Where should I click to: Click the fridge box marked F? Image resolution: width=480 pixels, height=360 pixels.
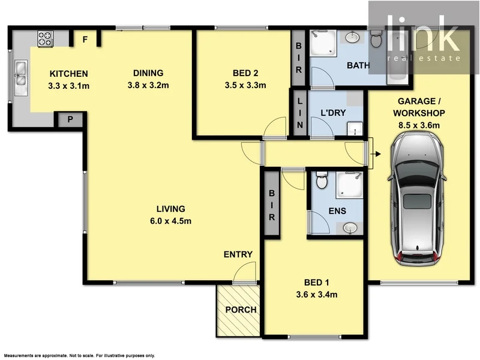[85, 40]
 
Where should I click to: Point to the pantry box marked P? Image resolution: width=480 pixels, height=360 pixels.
[70, 120]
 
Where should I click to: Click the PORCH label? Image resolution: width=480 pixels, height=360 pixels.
[241, 310]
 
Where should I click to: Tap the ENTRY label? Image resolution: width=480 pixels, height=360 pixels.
[238, 254]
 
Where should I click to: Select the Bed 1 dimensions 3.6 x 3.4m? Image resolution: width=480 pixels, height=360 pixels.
[316, 294]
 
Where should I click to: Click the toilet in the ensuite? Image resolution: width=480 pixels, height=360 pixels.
[321, 179]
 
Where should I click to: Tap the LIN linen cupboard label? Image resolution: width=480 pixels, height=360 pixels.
[299, 113]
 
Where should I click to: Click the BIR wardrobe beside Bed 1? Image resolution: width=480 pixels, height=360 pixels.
[271, 205]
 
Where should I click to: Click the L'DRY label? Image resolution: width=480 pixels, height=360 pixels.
[331, 113]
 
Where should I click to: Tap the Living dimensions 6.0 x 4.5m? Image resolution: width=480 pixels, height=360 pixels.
[170, 220]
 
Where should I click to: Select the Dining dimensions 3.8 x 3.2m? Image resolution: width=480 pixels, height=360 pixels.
[148, 85]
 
